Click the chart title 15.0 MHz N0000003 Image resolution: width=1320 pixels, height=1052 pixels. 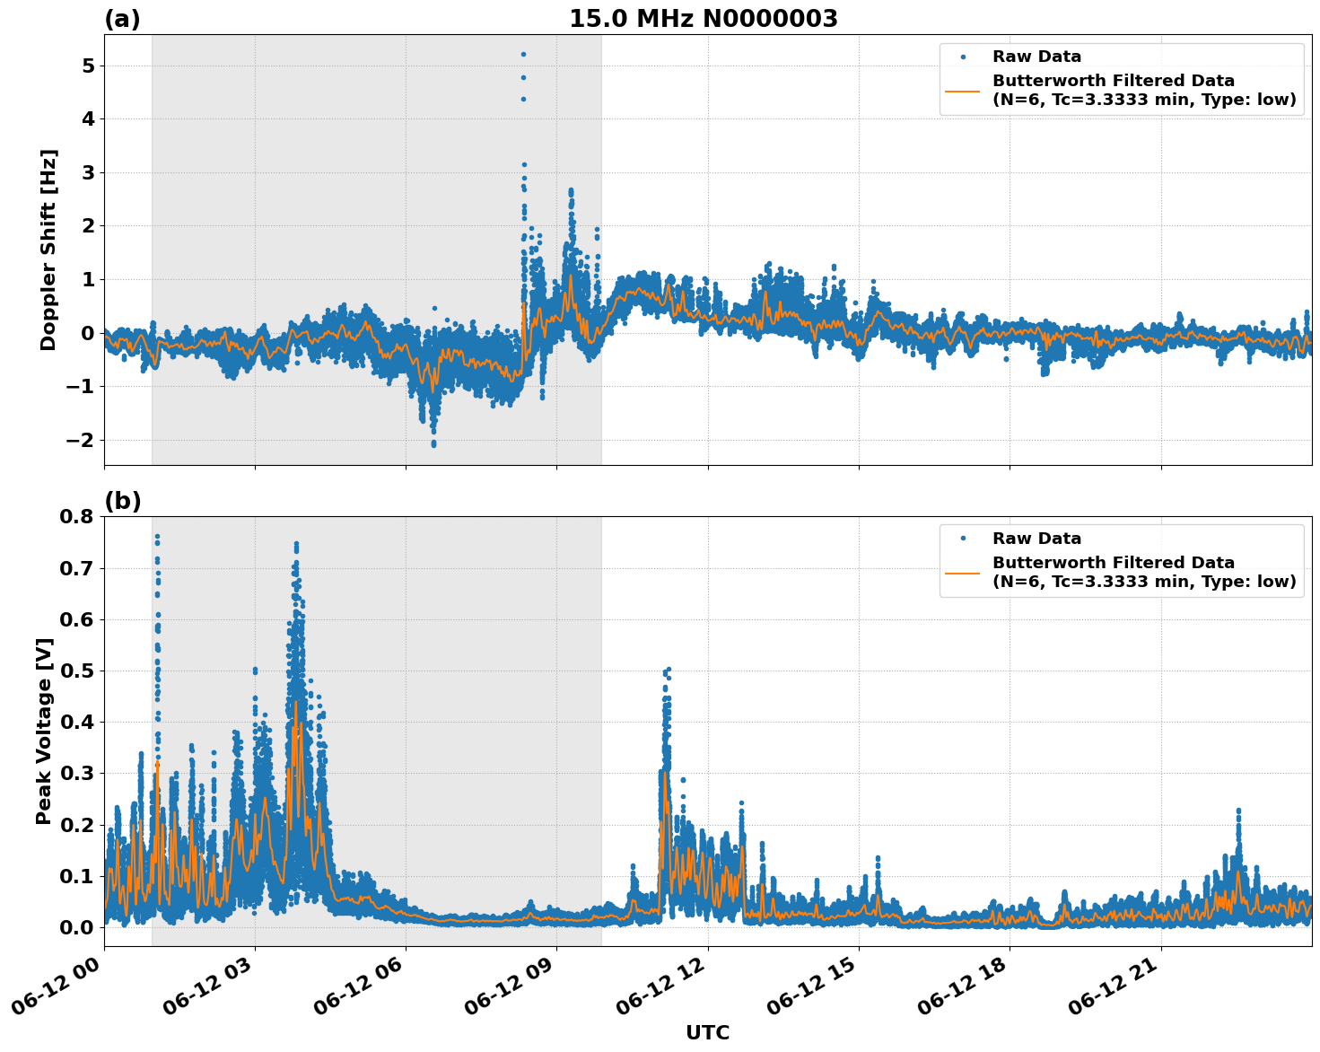tap(703, 19)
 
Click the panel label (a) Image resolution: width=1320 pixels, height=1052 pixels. tap(122, 19)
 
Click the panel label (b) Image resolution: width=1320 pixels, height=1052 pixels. tap(122, 501)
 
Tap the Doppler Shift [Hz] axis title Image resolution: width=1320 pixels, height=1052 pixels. tap(48, 250)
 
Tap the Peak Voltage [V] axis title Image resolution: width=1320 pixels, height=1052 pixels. tap(44, 731)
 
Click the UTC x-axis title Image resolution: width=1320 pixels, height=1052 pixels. tap(707, 1032)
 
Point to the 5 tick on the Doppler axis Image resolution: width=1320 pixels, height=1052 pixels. tap(88, 66)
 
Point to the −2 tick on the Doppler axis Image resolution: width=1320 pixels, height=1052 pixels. tap(81, 440)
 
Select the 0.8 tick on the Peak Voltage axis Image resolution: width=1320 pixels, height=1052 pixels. tap(78, 517)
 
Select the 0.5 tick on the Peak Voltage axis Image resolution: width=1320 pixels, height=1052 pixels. tap(78, 671)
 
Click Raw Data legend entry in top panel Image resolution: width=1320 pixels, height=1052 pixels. tap(1036, 57)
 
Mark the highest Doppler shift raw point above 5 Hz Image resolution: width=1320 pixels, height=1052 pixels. tap(523, 54)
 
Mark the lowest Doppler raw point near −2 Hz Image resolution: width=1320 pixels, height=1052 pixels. tap(433, 444)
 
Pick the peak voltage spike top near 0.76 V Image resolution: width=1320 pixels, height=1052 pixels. tap(157, 537)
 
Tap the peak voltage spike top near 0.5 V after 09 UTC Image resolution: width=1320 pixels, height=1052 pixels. tap(668, 670)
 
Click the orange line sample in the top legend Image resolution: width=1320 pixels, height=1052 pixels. tap(962, 90)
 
